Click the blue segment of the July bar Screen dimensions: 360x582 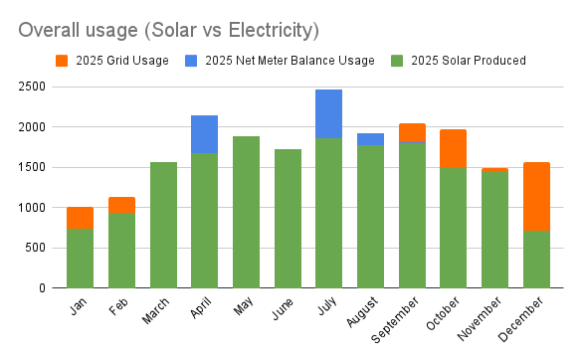click(329, 114)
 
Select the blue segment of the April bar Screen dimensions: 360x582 click(205, 134)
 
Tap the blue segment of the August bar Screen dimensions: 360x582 click(370, 139)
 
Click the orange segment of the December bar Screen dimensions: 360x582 click(536, 196)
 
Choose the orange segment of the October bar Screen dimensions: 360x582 click(454, 149)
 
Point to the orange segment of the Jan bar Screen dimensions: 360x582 click(81, 218)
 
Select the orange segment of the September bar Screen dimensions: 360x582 click(412, 133)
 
